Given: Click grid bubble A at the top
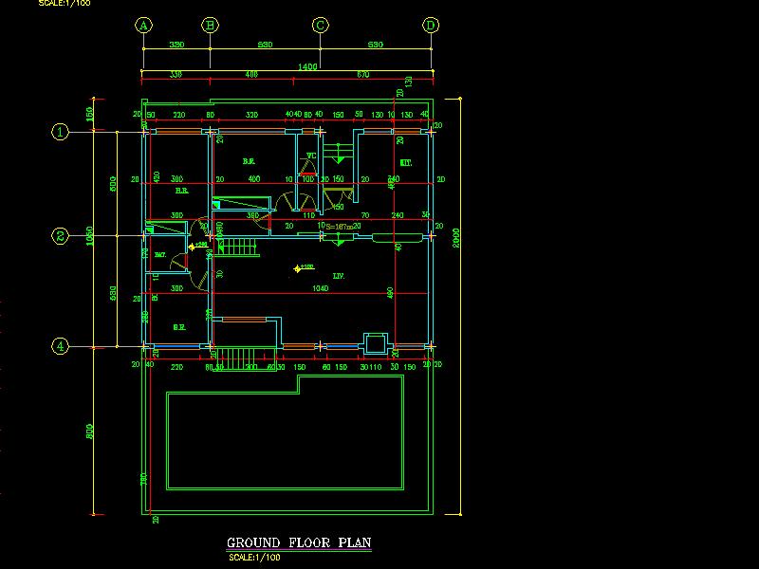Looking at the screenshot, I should point(143,26).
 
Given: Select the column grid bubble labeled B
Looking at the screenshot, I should point(210,26).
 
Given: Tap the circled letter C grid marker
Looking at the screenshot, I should point(321,26).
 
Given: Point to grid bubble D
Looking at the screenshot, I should point(431,26).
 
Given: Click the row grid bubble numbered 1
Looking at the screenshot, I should point(60,132).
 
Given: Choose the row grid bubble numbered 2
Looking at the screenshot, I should point(60,237).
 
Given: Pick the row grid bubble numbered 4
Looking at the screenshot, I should point(60,346).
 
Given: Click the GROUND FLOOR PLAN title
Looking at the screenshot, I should point(299,543).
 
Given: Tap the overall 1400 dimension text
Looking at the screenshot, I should point(307,66).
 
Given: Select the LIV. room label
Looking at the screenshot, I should point(338,277).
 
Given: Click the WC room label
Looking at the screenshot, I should point(310,156).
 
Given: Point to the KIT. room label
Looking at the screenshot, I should point(406,163).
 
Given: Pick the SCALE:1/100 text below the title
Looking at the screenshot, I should point(255,557).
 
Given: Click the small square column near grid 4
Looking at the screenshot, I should point(376,342).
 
